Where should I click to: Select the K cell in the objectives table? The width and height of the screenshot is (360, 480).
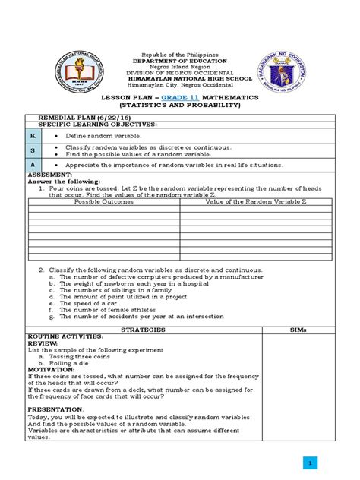33,134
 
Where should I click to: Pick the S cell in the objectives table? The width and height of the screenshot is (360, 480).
33,150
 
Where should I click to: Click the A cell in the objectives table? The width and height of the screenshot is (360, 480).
33,164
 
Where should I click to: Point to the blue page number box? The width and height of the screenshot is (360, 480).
310,463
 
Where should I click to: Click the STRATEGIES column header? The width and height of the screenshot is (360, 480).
144,330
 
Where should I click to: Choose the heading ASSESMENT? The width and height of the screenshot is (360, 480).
51,175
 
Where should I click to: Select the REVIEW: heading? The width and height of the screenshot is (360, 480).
43,343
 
